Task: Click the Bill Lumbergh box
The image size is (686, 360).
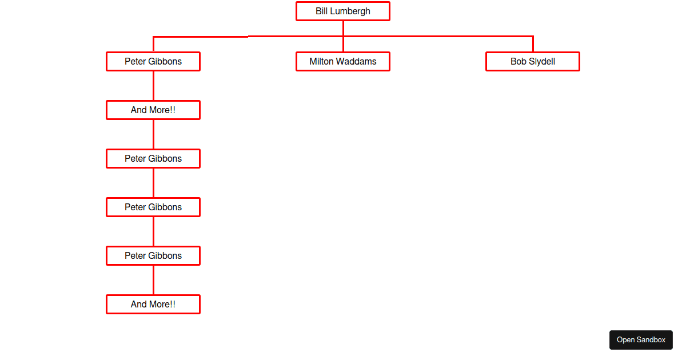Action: pos(342,11)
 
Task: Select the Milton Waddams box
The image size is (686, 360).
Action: pos(342,62)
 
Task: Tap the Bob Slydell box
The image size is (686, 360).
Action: pos(533,62)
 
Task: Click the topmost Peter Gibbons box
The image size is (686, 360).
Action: pos(153,62)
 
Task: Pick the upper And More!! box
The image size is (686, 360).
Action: pos(153,110)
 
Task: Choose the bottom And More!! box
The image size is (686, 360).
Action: pos(153,304)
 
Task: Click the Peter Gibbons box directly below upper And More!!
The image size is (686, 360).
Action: pos(153,159)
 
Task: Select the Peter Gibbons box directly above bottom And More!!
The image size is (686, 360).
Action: pos(153,255)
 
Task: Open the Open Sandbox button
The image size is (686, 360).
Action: pos(641,340)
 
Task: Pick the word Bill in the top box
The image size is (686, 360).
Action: pos(321,11)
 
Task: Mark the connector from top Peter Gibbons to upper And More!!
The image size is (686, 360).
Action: pos(153,86)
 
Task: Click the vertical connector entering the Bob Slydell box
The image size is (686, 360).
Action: pos(533,44)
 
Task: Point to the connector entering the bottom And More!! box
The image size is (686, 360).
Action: pos(153,280)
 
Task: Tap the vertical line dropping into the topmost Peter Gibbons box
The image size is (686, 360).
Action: pos(153,44)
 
